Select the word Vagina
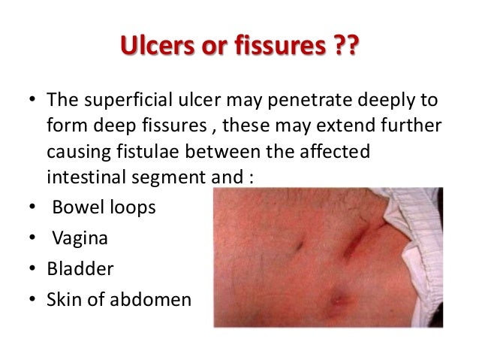tap(79, 239)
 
